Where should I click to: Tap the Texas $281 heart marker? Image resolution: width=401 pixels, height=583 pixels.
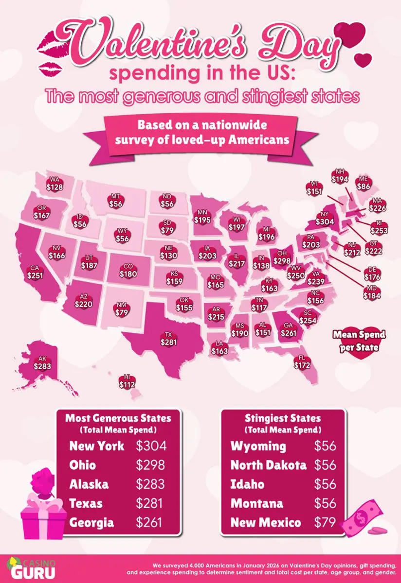tap(168, 339)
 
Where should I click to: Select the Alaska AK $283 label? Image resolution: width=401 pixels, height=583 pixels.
tap(42, 363)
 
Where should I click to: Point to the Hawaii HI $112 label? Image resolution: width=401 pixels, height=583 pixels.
tap(127, 381)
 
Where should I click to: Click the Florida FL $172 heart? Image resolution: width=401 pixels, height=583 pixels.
tap(302, 361)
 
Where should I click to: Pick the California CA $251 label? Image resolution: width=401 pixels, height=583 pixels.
tap(35, 272)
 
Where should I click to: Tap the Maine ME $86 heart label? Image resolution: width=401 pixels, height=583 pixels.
tap(363, 182)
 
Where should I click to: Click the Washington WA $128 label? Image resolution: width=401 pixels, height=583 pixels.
tap(55, 183)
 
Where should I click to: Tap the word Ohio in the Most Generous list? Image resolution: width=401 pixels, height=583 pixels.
tap(83, 465)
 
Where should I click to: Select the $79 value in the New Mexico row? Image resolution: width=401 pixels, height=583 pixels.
tap(325, 523)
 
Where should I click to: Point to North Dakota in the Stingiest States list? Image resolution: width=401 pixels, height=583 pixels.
tap(268, 465)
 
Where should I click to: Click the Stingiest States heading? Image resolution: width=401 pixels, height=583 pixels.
tap(283, 418)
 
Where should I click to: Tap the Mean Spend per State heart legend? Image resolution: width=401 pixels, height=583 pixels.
tap(359, 342)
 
